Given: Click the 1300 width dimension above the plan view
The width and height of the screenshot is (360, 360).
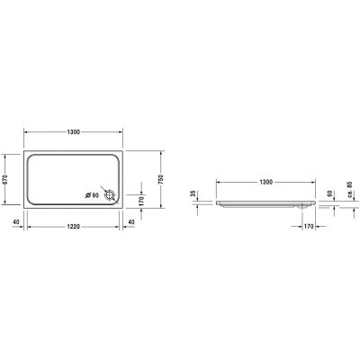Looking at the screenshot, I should tap(74, 132).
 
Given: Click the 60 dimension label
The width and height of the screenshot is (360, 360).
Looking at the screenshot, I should tap(329, 193).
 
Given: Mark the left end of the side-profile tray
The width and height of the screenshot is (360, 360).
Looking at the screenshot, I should tap(215, 202).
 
